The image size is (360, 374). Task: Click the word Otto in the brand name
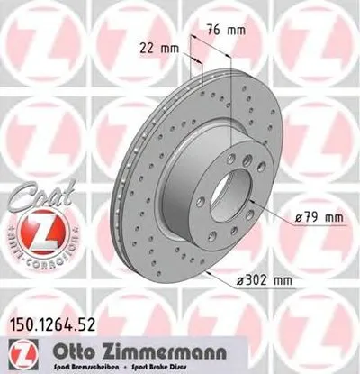[86, 348]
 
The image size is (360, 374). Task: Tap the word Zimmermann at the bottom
[157, 348]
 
